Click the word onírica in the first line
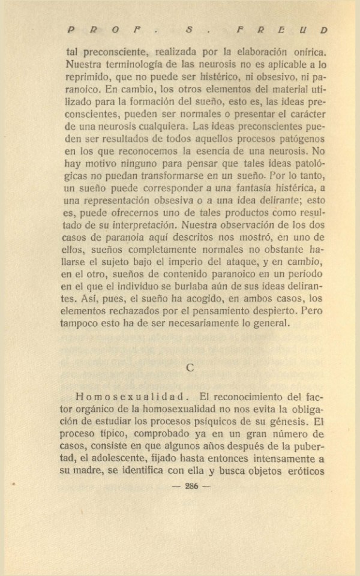click(308, 52)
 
